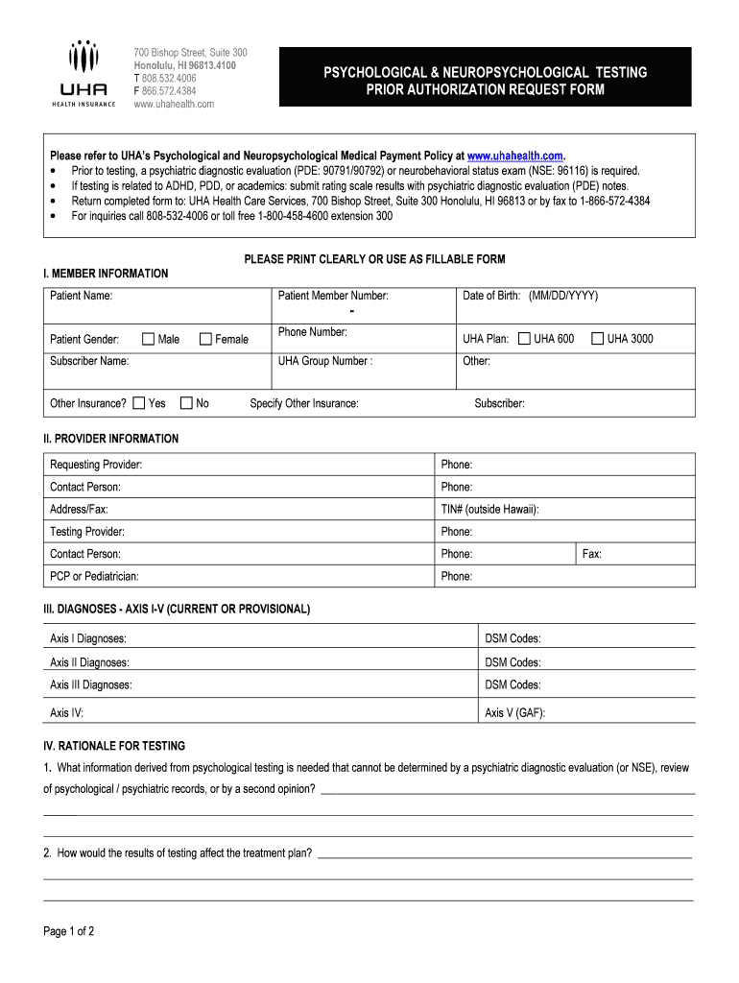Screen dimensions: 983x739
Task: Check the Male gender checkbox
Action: pyautogui.click(x=149, y=339)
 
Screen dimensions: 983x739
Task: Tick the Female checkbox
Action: pyautogui.click(x=205, y=339)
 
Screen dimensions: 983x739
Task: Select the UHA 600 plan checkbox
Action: pyautogui.click(x=524, y=338)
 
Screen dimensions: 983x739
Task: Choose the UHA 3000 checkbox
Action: pyautogui.click(x=597, y=338)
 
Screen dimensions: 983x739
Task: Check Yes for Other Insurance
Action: pyautogui.click(x=139, y=403)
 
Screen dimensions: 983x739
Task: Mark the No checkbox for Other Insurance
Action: pyautogui.click(x=186, y=403)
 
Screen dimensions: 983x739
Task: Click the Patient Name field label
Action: pyautogui.click(x=81, y=296)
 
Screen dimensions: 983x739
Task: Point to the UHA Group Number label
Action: pyautogui.click(x=325, y=361)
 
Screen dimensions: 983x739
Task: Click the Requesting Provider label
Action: pyautogui.click(x=96, y=465)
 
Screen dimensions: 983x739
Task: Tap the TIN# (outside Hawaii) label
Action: pyautogui.click(x=489, y=509)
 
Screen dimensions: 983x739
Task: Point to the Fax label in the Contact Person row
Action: pyautogui.click(x=592, y=554)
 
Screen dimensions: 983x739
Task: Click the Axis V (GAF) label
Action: pyautogui.click(x=515, y=713)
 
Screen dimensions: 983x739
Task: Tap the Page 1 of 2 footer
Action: pyautogui.click(x=69, y=931)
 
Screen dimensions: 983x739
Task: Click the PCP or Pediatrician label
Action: pyautogui.click(x=94, y=576)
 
